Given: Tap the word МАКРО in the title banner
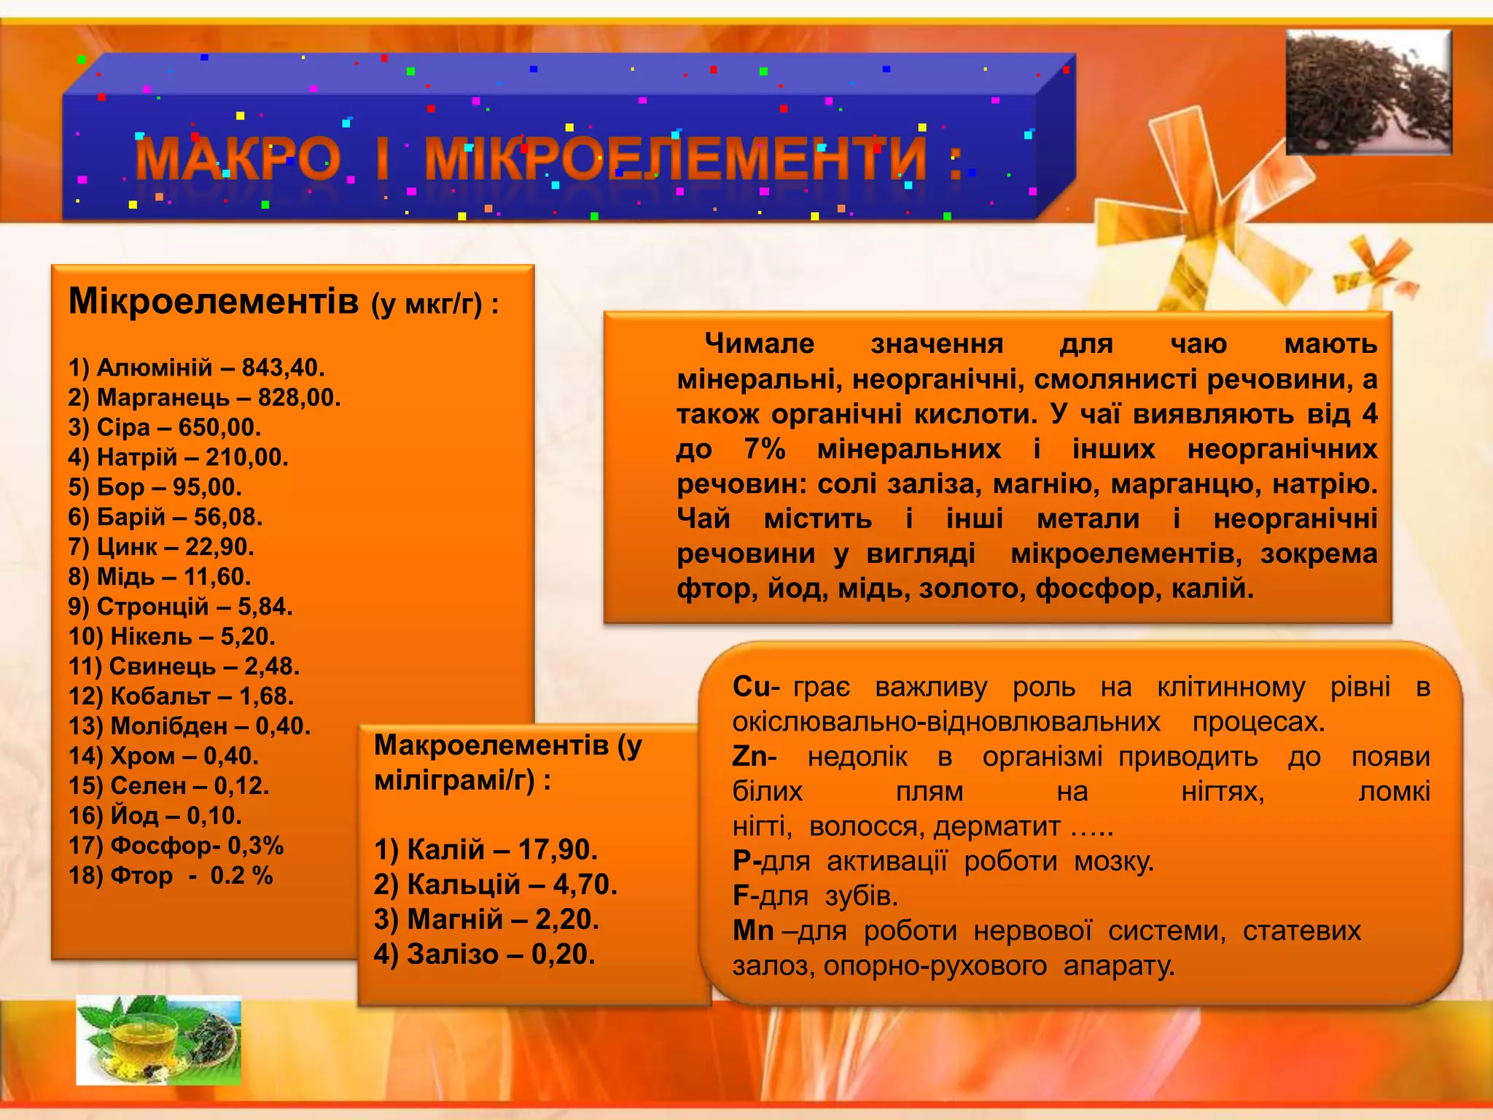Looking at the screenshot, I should pyautogui.click(x=238, y=158).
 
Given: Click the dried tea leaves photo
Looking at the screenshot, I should pyautogui.click(x=1368, y=92).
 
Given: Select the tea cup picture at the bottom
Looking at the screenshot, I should pyautogui.click(x=158, y=1039).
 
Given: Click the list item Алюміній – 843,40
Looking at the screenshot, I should pyautogui.click(x=196, y=367).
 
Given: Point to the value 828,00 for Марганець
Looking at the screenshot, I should pyautogui.click(x=299, y=397).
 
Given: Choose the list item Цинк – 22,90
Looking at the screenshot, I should pyautogui.click(x=161, y=547).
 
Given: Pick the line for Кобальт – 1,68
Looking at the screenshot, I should pyautogui.click(x=181, y=696).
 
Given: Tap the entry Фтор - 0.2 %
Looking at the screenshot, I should pyautogui.click(x=171, y=876).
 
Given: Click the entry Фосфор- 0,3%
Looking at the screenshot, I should pyautogui.click(x=176, y=846).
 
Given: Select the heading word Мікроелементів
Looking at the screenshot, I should pyautogui.click(x=214, y=300).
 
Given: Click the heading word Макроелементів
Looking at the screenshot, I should pyautogui.click(x=491, y=745).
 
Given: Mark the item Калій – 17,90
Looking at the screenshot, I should pyautogui.click(x=486, y=849).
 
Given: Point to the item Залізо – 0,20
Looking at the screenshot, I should pyautogui.click(x=484, y=954).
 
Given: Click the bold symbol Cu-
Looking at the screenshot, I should pyautogui.click(x=755, y=687).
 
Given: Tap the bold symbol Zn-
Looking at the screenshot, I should pyautogui.click(x=754, y=757).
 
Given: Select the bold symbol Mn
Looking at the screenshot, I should pyautogui.click(x=752, y=931).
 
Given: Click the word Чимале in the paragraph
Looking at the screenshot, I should pyautogui.click(x=759, y=343).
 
